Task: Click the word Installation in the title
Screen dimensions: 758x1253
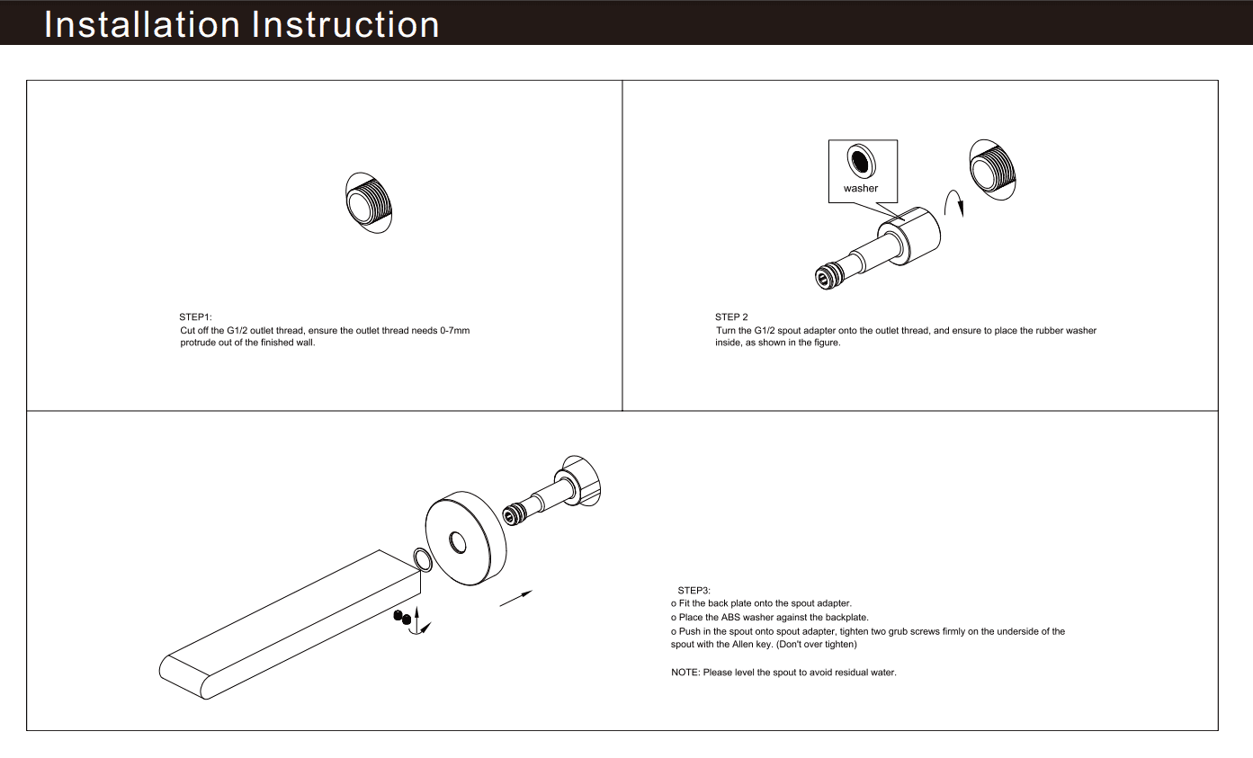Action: click(x=142, y=24)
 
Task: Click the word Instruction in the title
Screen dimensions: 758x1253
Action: click(x=345, y=24)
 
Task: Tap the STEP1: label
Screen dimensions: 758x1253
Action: click(x=195, y=317)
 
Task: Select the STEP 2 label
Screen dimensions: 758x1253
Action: click(x=731, y=317)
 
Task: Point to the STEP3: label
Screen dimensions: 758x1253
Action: click(x=694, y=590)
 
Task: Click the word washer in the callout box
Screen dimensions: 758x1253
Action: click(x=861, y=189)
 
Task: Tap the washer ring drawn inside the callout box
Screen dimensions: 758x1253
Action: click(x=862, y=162)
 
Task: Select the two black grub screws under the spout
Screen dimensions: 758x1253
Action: click(x=401, y=617)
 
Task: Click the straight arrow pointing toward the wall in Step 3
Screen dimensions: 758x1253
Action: click(x=515, y=599)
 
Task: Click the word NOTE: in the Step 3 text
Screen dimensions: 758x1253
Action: click(x=685, y=673)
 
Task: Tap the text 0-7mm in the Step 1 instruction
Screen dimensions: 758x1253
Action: click(x=454, y=331)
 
